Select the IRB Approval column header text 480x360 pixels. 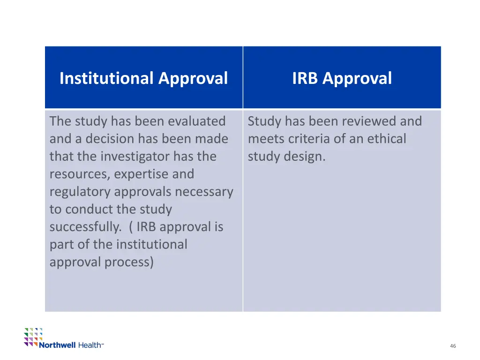(x=342, y=78)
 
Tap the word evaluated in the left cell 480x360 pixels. (x=197, y=121)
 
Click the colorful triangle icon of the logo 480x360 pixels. (x=33, y=336)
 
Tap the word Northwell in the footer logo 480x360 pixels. (x=57, y=345)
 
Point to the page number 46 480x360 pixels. (x=452, y=346)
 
